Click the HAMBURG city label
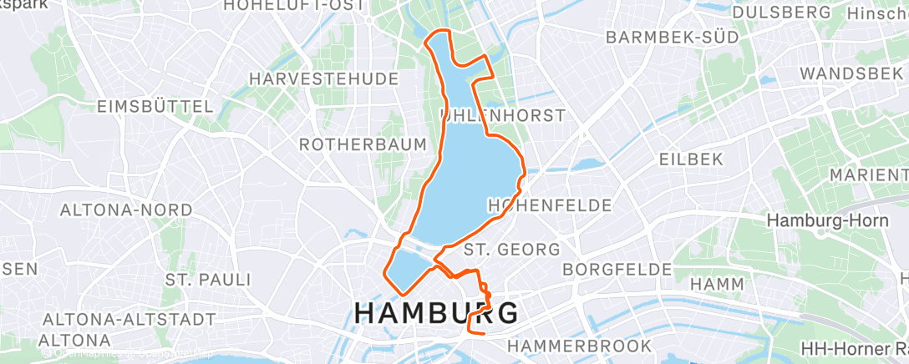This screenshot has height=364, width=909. point(435,313)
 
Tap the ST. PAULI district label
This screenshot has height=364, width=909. point(208,278)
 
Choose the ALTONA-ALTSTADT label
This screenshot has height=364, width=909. point(129,319)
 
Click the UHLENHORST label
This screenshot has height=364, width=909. point(503,115)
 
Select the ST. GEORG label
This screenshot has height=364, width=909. point(511,249)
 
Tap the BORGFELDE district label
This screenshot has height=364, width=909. point(617,269)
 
